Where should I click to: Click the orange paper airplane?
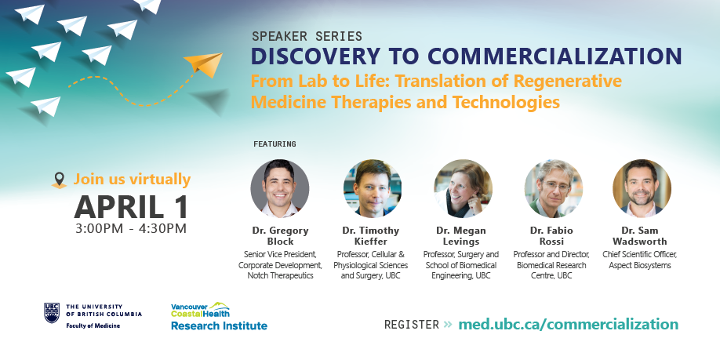[205, 64]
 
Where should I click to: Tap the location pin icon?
[59, 180]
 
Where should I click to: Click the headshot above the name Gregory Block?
[280, 188]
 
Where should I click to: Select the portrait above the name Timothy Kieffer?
[373, 188]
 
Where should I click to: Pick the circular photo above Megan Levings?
[463, 188]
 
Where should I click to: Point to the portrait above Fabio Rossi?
[553, 188]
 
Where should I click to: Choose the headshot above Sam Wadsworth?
[642, 188]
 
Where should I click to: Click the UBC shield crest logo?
[52, 313]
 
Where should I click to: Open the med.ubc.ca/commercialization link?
[568, 324]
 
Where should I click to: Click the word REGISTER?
[412, 325]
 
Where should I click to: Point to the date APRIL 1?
[131, 206]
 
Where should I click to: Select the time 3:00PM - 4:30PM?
[131, 228]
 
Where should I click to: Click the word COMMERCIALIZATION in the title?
[555, 56]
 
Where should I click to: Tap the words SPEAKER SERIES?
[307, 36]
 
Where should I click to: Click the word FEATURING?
[275, 144]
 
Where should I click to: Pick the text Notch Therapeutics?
[280, 275]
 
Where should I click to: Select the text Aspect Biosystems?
[640, 265]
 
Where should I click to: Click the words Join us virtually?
[133, 179]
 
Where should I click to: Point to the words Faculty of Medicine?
[93, 325]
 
